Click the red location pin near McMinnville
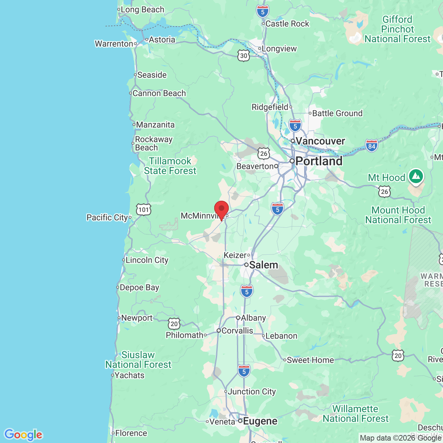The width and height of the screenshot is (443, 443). tap(221, 209)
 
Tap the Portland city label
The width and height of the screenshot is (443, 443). tap(319, 161)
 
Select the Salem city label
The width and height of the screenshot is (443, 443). tap(263, 265)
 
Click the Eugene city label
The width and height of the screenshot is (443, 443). tap(260, 421)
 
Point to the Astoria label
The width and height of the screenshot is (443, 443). tap(162, 40)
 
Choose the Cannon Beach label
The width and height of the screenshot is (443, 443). tap(159, 93)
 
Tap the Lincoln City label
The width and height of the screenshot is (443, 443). tap(147, 260)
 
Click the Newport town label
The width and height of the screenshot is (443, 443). tap(137, 318)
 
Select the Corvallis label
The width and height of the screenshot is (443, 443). tap(237, 331)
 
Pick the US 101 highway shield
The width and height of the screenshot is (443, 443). tap(144, 209)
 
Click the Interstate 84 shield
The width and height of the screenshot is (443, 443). tap(372, 146)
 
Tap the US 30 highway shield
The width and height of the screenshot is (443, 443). tap(244, 56)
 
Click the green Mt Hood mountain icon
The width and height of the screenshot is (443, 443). tap(416, 177)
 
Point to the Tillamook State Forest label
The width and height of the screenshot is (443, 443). tap(170, 166)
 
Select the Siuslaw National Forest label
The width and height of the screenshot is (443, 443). tap(138, 360)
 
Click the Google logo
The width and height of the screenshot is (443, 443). tap(24, 435)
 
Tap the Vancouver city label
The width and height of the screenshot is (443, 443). tap(320, 141)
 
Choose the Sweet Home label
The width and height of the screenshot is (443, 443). tap(310, 360)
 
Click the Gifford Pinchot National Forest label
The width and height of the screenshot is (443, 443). tap(397, 29)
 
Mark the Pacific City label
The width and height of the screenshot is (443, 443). tap(107, 218)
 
